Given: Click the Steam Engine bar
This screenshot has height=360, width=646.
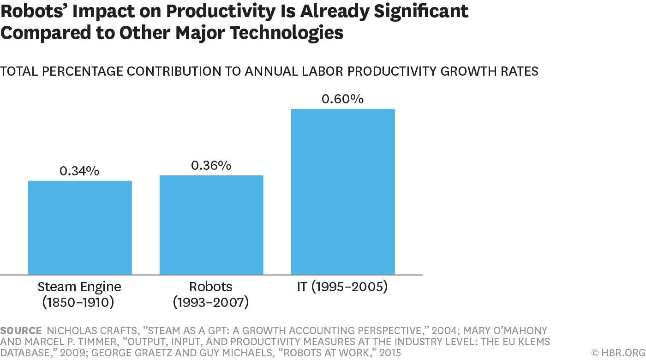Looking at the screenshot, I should click(80, 228).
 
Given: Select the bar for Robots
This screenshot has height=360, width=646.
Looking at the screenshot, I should click(211, 225).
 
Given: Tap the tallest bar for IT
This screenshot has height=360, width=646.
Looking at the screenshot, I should click(343, 192).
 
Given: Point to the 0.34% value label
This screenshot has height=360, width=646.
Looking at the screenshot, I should click(79, 171).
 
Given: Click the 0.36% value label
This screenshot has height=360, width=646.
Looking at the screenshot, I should click(211, 165).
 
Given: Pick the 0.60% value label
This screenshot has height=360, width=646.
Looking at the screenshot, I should click(342, 99).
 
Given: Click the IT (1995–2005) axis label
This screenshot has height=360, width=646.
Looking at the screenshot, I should click(342, 287).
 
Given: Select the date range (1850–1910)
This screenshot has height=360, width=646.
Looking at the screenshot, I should click(79, 303).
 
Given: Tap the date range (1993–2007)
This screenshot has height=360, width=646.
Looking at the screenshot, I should click(211, 303).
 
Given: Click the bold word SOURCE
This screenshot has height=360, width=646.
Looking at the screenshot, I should click(21, 330).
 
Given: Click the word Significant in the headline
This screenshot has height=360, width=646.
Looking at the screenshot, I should click(421, 12).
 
